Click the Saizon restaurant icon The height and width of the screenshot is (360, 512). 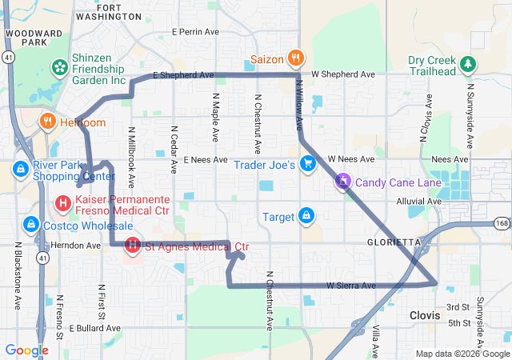pos(295,58)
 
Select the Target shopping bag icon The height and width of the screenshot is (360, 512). pos(306,216)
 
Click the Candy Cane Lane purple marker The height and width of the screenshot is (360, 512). pos(343,182)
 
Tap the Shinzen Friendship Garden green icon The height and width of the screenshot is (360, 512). pos(58,66)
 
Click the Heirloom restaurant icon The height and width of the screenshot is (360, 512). pos(48,122)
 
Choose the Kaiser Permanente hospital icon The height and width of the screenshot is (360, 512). pos(62,204)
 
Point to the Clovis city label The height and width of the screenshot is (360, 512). pos(425,315)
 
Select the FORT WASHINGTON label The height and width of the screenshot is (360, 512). pos(110,11)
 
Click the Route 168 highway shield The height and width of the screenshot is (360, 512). pos(502,223)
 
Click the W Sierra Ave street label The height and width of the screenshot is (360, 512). pos(350,285)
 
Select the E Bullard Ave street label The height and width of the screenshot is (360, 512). pos(94,328)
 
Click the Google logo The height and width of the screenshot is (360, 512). pos(26,350)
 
